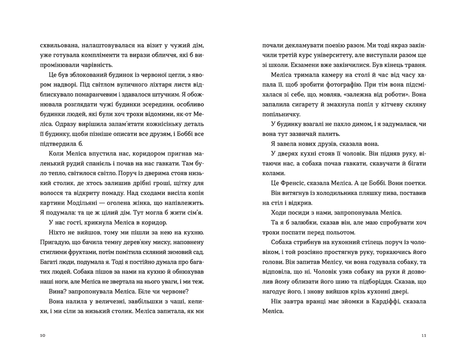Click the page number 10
click(x=42, y=336)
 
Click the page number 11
click(x=424, y=336)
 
